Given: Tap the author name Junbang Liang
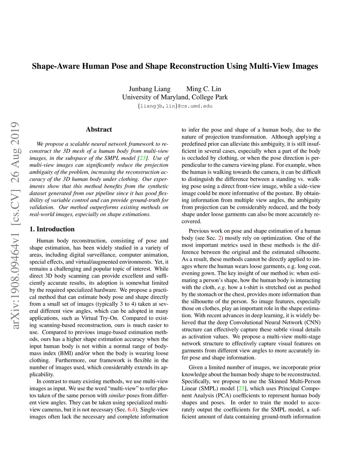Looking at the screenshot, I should pos(149,89).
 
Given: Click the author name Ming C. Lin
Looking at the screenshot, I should pos(204,89).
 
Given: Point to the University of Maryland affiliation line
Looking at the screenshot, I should pos(175,97).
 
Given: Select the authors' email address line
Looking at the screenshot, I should pos(175,106).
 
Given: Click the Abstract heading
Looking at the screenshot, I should pos(99,129).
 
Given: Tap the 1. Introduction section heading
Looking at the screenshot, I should pos(52,229).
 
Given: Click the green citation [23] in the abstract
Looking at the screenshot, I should pos(143,158).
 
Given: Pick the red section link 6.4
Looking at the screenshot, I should pos(131,409).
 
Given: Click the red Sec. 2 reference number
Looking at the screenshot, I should pos(220,238).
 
